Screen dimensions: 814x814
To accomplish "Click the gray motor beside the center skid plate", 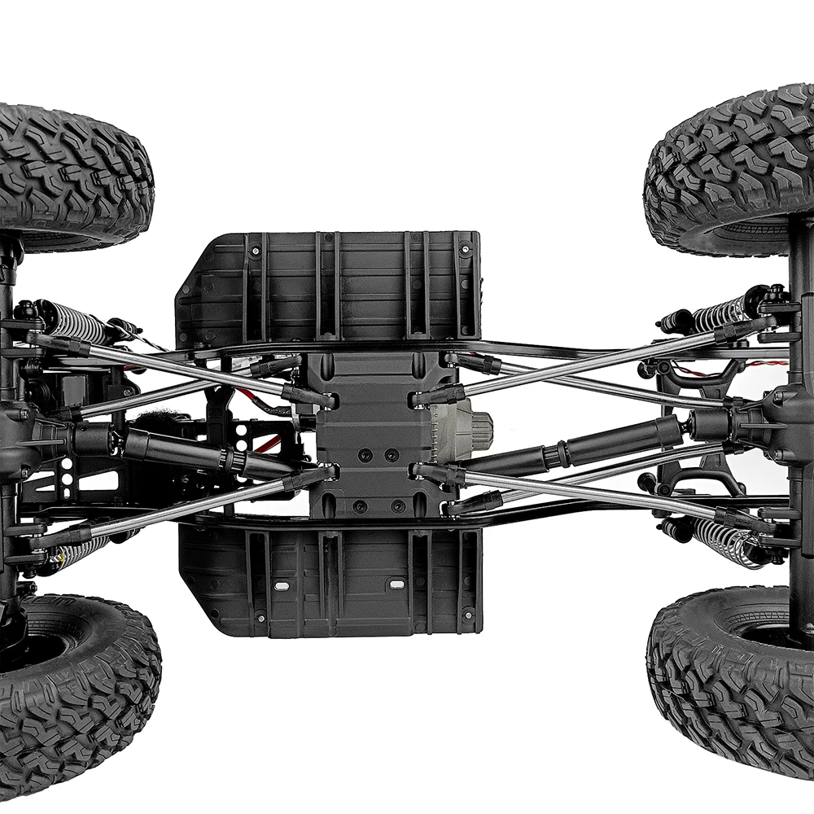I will point(472,422).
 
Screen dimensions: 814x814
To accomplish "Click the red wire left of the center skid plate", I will point(265,444).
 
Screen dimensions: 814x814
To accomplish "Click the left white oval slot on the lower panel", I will point(280,585).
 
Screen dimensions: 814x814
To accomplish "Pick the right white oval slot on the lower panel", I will point(396,584).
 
